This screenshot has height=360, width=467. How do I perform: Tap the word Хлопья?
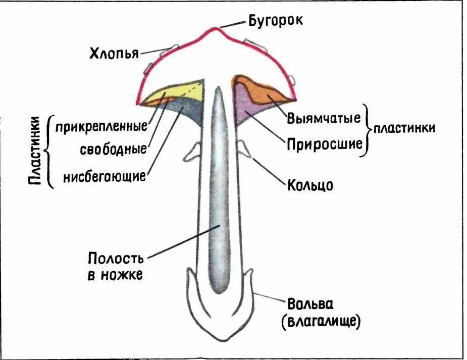click(114, 53)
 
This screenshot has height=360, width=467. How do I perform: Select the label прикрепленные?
click(101, 126)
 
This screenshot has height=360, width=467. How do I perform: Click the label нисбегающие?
click(105, 176)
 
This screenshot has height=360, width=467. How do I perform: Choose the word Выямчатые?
click(324, 119)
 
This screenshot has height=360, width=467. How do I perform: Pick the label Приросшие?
click(325, 144)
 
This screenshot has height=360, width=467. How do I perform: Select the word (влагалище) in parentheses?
click(322, 321)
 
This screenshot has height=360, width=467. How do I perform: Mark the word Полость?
click(116, 259)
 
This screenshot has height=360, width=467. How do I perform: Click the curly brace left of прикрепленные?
click(49, 151)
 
